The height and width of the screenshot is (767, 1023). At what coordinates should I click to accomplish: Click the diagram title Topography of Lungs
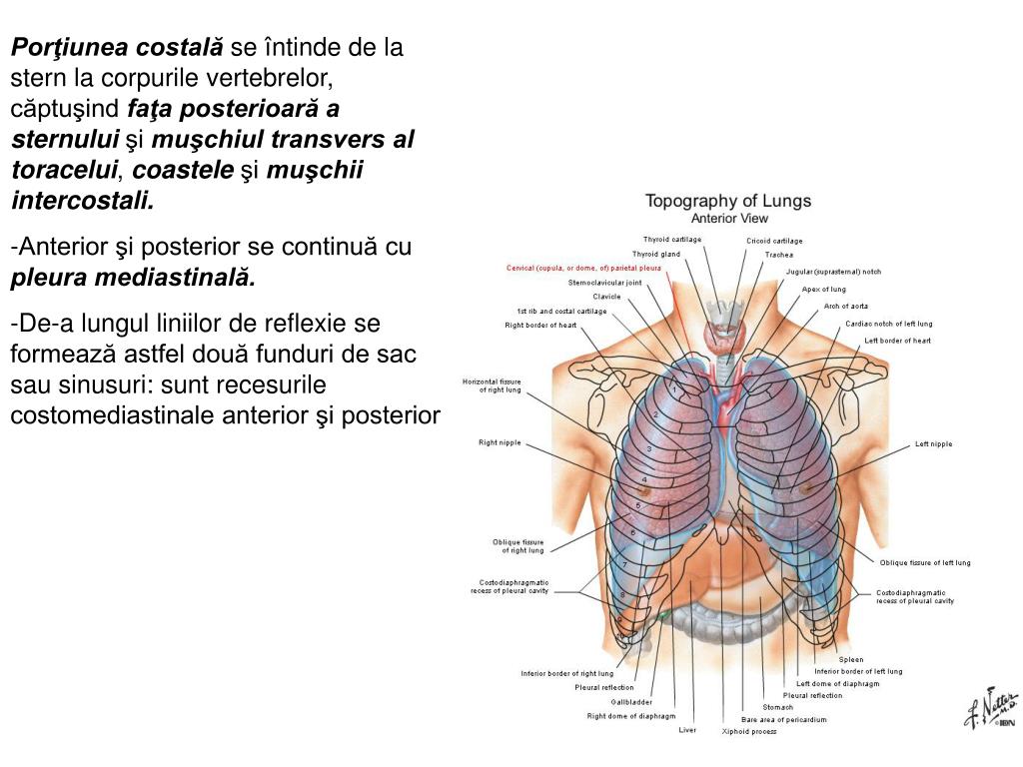tap(727, 201)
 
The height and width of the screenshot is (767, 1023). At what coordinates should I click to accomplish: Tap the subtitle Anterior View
tap(729, 218)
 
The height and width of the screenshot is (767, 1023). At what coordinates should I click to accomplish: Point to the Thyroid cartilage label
tap(671, 240)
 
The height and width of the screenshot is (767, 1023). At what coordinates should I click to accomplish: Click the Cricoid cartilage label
tap(774, 241)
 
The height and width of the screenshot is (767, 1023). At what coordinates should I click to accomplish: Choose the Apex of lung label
tap(823, 290)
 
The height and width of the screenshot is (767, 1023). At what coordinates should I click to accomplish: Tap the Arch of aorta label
tap(845, 306)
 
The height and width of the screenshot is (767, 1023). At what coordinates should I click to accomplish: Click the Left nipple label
tap(933, 444)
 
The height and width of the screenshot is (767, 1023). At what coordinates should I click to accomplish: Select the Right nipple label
tap(500, 442)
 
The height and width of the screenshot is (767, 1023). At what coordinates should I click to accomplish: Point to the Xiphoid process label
tap(749, 732)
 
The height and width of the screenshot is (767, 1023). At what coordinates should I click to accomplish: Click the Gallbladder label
tap(631, 702)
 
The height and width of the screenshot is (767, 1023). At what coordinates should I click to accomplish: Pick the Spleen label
tap(851, 660)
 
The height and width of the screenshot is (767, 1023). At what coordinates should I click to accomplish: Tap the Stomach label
tap(777, 708)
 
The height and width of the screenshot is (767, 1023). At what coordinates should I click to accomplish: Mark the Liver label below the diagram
tap(687, 730)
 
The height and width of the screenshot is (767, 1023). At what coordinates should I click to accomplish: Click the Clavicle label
tap(606, 297)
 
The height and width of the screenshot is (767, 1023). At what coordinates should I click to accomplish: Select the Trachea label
tap(779, 255)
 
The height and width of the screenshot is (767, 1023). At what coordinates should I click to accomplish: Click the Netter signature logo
tap(990, 710)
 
